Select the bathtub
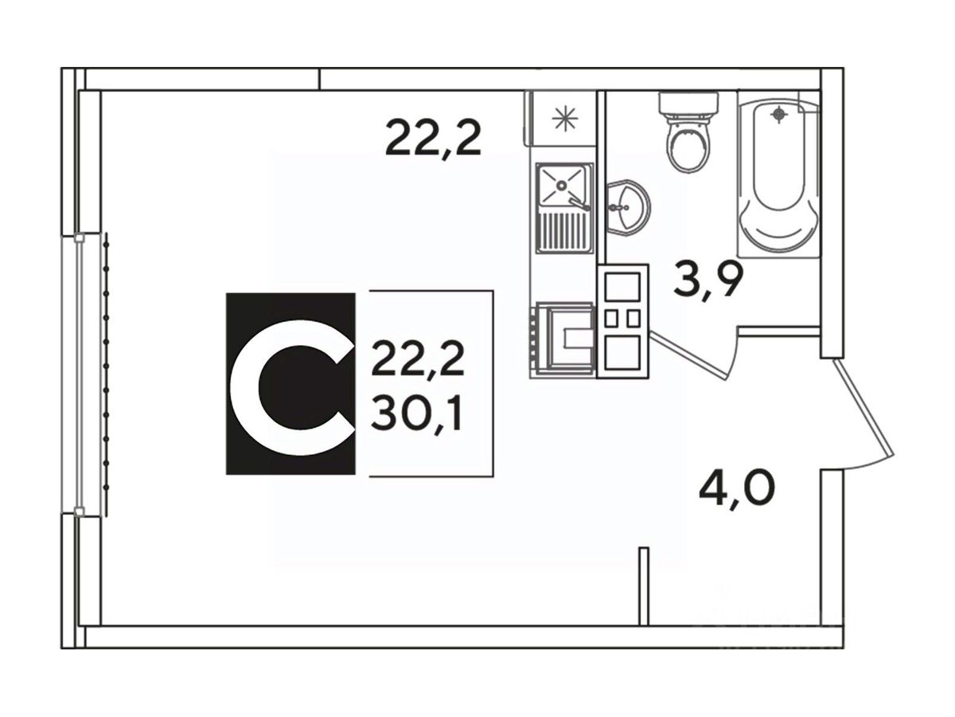778,175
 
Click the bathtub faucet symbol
781,114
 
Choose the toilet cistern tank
688,104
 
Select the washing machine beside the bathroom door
622,319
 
